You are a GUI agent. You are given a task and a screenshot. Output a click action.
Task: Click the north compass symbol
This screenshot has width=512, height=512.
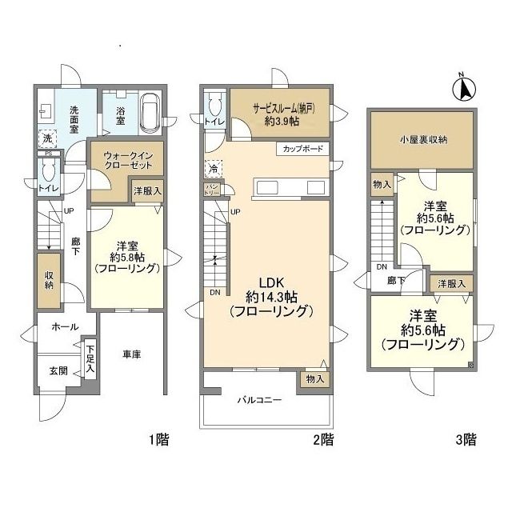pyautogui.click(x=464, y=88)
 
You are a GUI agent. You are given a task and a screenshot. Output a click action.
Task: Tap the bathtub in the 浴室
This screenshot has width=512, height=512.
pyautogui.click(x=150, y=114)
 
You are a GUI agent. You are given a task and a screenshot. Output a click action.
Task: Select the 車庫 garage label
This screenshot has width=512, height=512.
pyautogui.click(x=131, y=354)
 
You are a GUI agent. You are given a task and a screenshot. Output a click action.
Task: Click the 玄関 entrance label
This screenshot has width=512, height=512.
pyautogui.click(x=58, y=370)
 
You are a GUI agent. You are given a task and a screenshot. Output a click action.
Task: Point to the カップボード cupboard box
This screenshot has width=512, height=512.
pyautogui.click(x=302, y=149)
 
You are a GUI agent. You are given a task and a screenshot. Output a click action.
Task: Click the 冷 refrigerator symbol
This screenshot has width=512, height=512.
pyautogui.click(x=214, y=169)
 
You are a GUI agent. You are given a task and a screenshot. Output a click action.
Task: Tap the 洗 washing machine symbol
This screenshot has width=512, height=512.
pyautogui.click(x=48, y=138)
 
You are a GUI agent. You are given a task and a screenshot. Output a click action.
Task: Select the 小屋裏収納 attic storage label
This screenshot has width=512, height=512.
pyautogui.click(x=423, y=140)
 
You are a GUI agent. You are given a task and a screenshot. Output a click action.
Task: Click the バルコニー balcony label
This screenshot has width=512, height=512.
pyautogui.click(x=259, y=400)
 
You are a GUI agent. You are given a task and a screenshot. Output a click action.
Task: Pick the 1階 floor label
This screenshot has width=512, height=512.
pyautogui.click(x=159, y=439)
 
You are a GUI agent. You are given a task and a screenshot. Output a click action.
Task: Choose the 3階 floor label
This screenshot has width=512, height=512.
pyautogui.click(x=466, y=439)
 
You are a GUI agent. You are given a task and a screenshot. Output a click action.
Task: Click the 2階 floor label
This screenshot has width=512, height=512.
pyautogui.click(x=323, y=439)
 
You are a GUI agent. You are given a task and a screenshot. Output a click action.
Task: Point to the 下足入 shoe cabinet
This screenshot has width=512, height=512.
pyautogui.click(x=90, y=359)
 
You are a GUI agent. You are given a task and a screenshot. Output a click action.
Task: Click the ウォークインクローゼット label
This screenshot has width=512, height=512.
pyautogui.click(x=128, y=160)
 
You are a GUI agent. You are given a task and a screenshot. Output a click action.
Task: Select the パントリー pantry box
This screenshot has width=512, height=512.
pyautogui.click(x=212, y=189)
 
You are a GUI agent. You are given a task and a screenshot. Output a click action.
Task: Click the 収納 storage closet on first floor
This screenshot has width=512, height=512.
pyautogui.click(x=49, y=281)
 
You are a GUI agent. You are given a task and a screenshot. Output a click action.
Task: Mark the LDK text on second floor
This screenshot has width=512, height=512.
pyautogui.click(x=271, y=282)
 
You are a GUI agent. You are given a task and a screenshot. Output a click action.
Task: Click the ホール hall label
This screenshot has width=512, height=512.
pyautogui.click(x=65, y=327)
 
